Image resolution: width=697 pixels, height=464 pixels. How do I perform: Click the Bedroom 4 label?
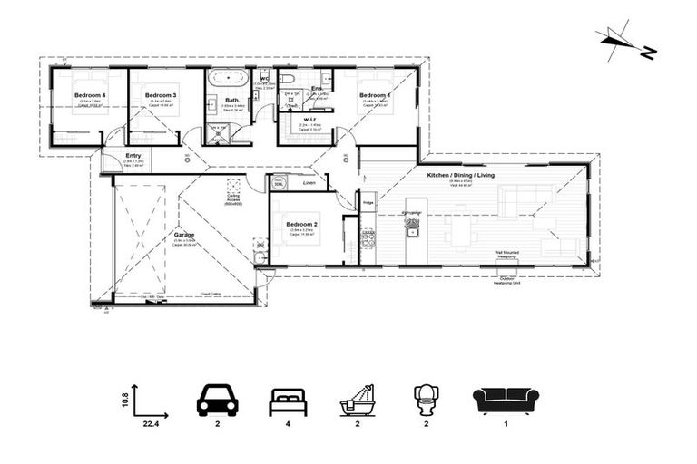pyautogui.click(x=91, y=94)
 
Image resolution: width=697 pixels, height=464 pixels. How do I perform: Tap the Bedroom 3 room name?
pyautogui.click(x=161, y=94)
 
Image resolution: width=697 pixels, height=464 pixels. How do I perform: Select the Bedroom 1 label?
pyautogui.click(x=375, y=94)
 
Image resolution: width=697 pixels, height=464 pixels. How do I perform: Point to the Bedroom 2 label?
pyautogui.click(x=301, y=224)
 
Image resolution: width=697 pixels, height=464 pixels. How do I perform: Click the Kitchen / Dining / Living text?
pyautogui.click(x=460, y=174)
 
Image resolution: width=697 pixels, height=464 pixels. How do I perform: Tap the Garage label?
pyautogui.click(x=184, y=234)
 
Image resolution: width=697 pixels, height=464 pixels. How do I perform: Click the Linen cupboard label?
pyautogui.click(x=309, y=182)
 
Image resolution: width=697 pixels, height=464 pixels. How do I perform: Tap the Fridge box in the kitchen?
pyautogui.click(x=368, y=204)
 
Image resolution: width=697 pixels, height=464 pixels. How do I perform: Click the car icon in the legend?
pyautogui.click(x=217, y=400)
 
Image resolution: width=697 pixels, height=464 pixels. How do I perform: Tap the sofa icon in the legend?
pyautogui.click(x=506, y=401)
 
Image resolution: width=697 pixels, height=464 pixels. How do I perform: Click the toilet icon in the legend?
pyautogui.click(x=427, y=401)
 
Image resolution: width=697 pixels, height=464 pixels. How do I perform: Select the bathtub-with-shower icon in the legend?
pyautogui.click(x=358, y=400)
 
